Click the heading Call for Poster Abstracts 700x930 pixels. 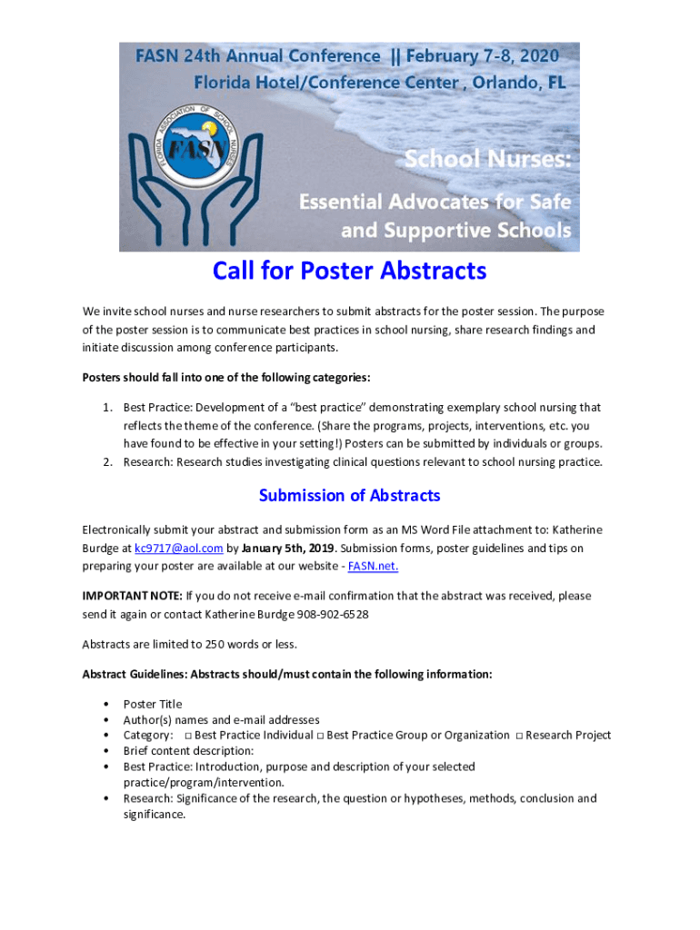pos(349,271)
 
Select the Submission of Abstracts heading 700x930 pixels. pos(349,495)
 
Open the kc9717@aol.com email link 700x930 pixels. pos(179,549)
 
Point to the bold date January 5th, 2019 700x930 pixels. pos(289,549)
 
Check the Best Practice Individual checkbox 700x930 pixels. pos(187,736)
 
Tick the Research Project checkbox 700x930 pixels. pos(518,736)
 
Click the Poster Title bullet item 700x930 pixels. pos(153,704)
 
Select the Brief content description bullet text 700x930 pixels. pos(188,751)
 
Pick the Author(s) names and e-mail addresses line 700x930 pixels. pos(221,720)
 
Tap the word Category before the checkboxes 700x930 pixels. pos(147,736)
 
